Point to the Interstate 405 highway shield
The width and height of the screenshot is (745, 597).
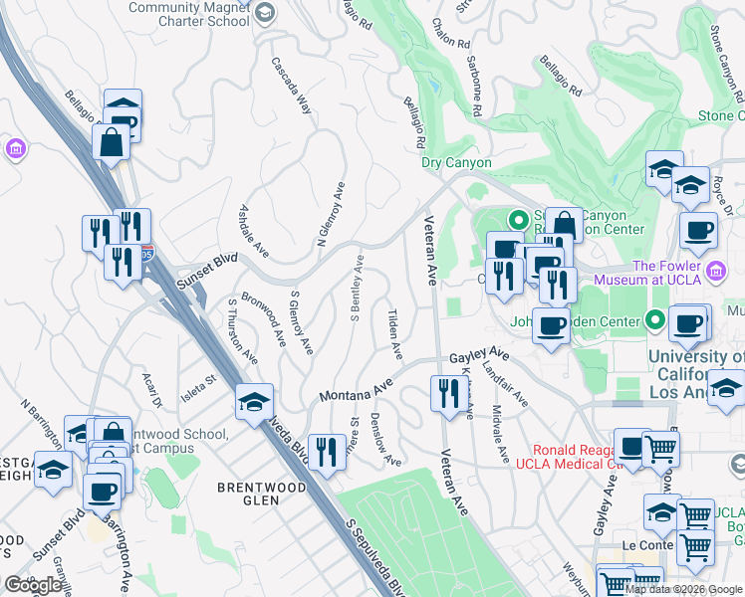coord(146,254)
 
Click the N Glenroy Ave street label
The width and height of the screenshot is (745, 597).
coord(331,214)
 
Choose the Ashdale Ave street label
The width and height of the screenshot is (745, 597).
coord(254,230)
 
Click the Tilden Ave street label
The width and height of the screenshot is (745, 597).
coord(394,333)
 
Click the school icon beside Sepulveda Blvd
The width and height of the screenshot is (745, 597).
coord(255,402)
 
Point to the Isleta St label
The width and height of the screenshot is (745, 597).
coord(198,382)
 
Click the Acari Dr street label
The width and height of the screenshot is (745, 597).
coord(151,388)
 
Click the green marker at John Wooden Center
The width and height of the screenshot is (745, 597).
coord(654,320)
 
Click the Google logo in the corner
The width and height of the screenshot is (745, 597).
coord(34,585)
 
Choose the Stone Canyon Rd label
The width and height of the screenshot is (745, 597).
coord(726,55)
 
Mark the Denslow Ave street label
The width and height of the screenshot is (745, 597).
coord(385,439)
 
